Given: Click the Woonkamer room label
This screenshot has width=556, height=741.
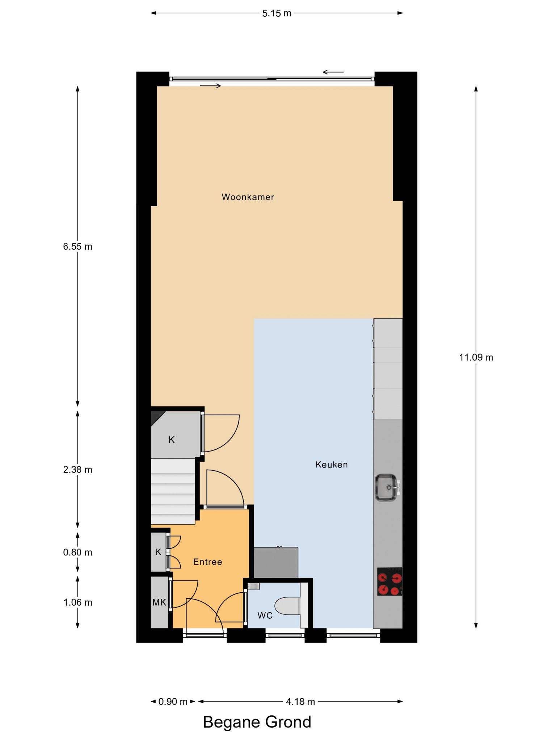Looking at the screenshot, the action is click(x=248, y=197).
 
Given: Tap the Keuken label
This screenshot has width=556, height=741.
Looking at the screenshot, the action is click(x=332, y=465).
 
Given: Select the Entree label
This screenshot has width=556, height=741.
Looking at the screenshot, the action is click(x=207, y=562).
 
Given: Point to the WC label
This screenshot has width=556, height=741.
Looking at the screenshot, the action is click(x=265, y=615).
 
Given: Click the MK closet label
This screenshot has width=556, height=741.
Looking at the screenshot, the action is click(x=159, y=602).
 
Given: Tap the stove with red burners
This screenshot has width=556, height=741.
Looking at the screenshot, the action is click(x=390, y=581).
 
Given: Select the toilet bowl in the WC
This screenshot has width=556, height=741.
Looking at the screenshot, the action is click(x=288, y=606).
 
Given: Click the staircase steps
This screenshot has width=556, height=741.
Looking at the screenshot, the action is click(x=173, y=491).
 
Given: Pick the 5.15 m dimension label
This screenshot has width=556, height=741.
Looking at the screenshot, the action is click(x=277, y=13).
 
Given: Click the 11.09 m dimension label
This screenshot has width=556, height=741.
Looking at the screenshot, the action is click(x=476, y=357).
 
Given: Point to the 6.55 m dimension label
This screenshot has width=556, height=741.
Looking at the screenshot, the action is click(x=77, y=246).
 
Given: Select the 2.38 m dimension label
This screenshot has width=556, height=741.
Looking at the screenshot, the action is click(x=77, y=470).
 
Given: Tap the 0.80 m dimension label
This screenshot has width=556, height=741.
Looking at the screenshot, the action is click(x=77, y=552).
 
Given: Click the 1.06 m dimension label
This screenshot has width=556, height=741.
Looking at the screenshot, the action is click(x=77, y=602).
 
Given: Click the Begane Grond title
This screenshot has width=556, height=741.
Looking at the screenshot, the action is click(x=257, y=722).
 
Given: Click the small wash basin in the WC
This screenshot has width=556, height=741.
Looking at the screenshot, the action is click(x=254, y=587).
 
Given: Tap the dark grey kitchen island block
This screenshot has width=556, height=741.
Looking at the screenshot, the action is click(x=276, y=562).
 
